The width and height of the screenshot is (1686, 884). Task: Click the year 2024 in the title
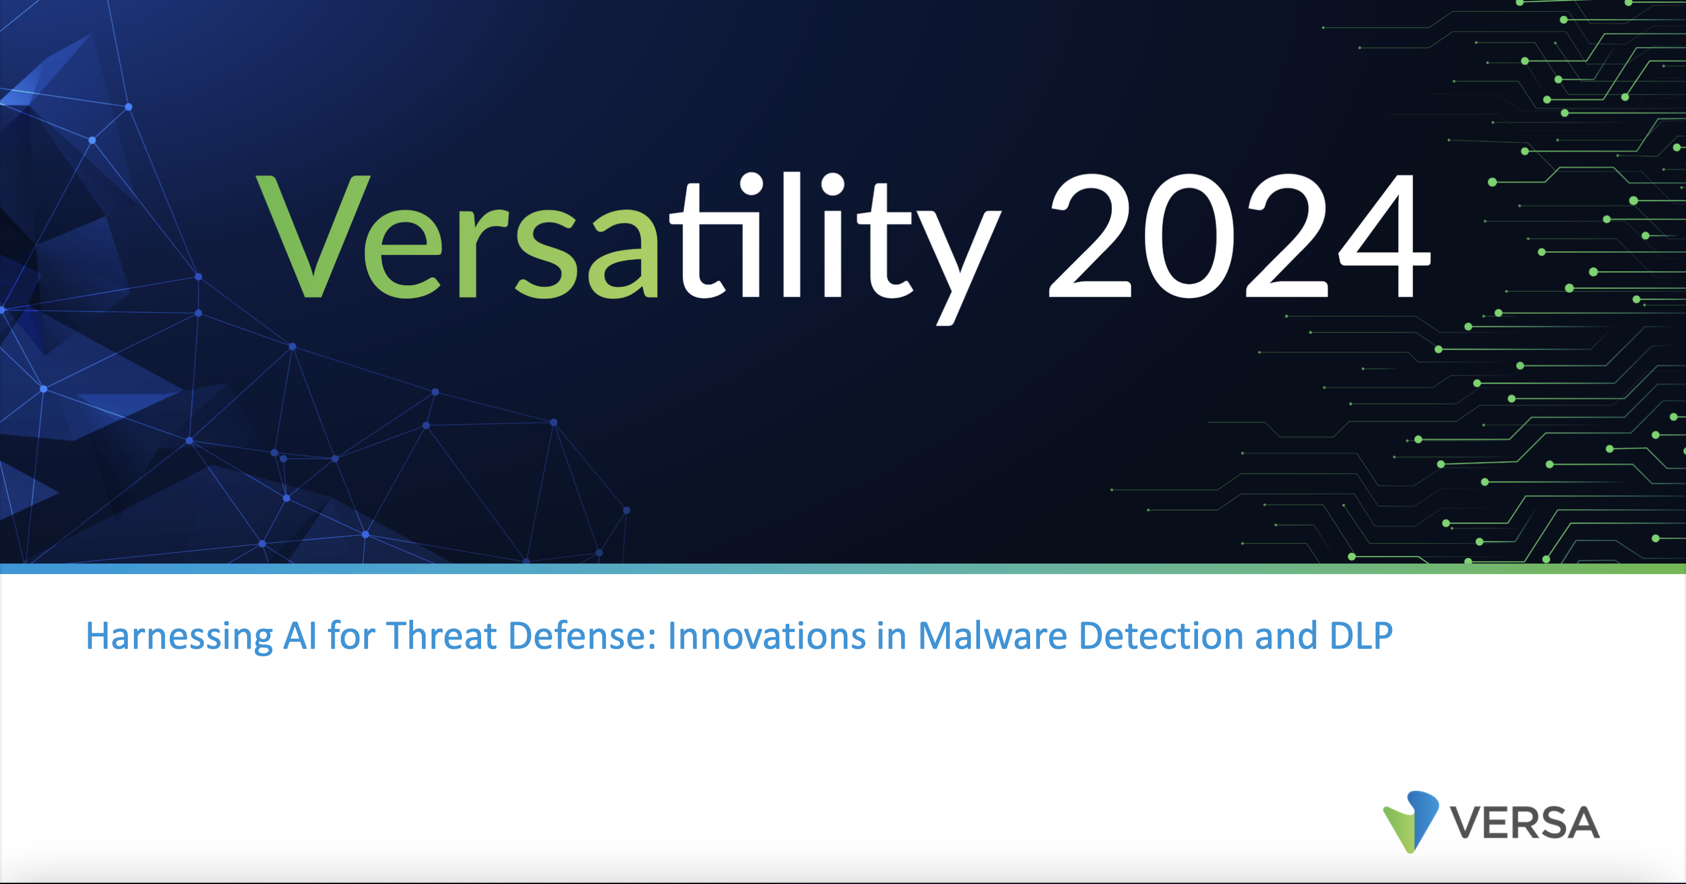pos(1240,236)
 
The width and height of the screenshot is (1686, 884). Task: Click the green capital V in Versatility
pos(313,236)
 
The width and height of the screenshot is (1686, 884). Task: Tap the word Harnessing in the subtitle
pos(179,636)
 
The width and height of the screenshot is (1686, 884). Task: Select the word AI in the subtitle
pos(300,635)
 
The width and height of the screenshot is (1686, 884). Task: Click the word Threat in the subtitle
pos(441,635)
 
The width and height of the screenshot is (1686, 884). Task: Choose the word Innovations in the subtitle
pos(766,635)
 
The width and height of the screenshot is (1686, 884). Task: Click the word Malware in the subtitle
pos(993,635)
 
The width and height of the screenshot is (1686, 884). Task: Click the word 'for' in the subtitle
pos(351,635)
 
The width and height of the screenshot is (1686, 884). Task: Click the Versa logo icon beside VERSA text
pos(1411,822)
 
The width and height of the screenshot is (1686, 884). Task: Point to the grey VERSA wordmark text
pos(1525,822)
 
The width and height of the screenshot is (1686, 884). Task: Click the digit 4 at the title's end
pos(1385,236)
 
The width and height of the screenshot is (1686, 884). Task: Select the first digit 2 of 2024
pos(1091,236)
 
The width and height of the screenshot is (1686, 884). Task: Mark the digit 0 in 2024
pos(1189,236)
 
